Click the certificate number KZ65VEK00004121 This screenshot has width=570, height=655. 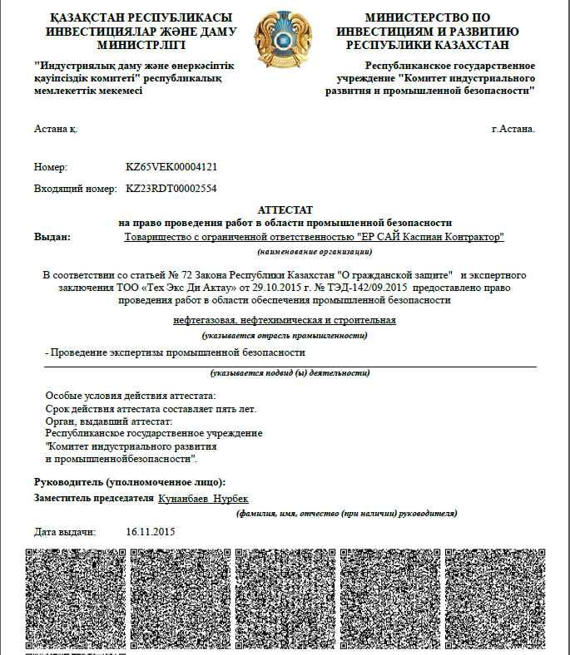(171, 167)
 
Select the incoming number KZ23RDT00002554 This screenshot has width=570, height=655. (171, 189)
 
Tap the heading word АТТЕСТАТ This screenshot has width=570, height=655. (285, 211)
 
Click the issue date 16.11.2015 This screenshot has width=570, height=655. (151, 531)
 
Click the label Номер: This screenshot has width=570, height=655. (50, 167)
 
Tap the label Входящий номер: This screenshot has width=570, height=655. (75, 189)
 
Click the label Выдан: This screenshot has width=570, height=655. (52, 237)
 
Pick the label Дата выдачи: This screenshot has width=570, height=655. (66, 531)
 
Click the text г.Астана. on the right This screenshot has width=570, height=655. (513, 129)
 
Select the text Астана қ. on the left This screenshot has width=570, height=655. (55, 129)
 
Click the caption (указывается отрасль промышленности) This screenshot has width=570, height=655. (285, 335)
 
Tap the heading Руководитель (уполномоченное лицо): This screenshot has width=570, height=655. (129, 482)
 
